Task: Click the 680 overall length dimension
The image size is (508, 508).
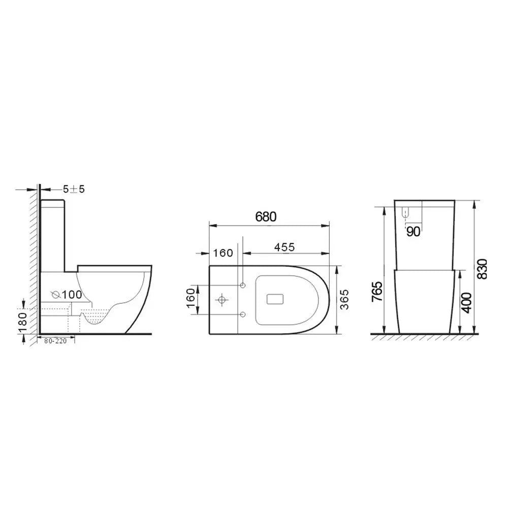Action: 266,217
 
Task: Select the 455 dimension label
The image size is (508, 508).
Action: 284,247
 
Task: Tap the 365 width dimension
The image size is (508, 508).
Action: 345,299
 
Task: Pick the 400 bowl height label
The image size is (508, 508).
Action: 466,303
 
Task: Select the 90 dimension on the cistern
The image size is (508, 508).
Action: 413,232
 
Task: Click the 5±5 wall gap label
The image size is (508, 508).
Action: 74,189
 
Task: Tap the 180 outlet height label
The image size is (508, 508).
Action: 23,323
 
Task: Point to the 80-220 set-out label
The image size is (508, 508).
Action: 55,341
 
